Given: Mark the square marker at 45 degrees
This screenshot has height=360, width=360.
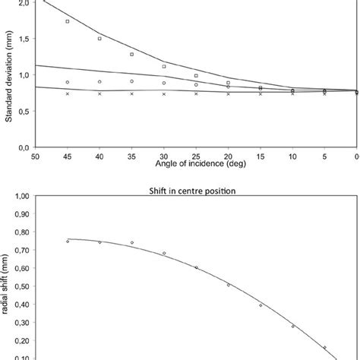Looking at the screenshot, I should tap(68, 21).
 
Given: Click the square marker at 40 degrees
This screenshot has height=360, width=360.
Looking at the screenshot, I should tap(99, 38).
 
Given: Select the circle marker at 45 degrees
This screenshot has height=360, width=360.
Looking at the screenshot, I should tap(68, 82).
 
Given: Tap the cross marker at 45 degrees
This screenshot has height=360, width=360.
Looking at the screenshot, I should tap(68, 93).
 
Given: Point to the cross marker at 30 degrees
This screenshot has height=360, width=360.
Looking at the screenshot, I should tap(164, 93).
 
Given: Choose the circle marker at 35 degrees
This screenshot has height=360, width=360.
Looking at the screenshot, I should tap(132, 81).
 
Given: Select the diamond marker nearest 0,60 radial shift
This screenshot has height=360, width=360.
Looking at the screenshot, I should tap(196, 267).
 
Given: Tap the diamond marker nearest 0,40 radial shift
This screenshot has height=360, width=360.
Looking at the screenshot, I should tap(261, 305).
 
